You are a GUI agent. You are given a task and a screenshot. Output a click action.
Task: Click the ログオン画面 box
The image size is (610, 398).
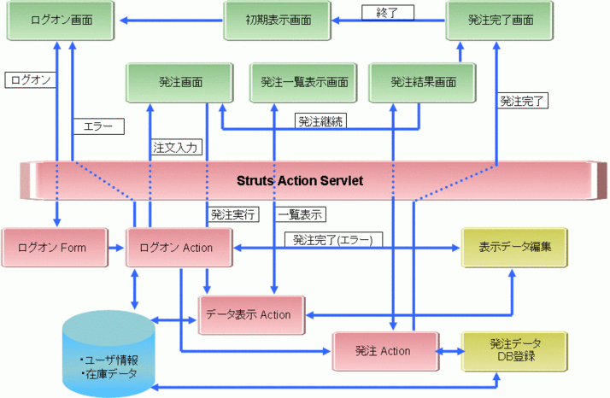[61, 19]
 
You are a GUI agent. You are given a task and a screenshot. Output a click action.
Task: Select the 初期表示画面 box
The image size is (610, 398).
[278, 19]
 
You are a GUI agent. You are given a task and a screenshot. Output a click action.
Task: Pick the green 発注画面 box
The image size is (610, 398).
[179, 83]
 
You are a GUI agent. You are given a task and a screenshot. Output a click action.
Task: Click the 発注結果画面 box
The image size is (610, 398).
[423, 83]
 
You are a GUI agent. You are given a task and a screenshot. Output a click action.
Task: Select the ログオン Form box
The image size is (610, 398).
[56, 247]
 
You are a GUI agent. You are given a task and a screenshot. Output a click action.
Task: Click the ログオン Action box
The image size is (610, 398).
[180, 247]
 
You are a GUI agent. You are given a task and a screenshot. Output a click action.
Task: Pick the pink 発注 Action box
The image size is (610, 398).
[384, 350]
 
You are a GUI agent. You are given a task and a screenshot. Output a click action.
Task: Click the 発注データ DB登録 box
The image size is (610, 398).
[513, 350]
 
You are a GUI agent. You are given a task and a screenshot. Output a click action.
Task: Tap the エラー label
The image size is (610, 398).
[99, 126]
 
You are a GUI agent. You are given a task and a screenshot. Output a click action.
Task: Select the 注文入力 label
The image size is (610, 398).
[175, 147]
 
